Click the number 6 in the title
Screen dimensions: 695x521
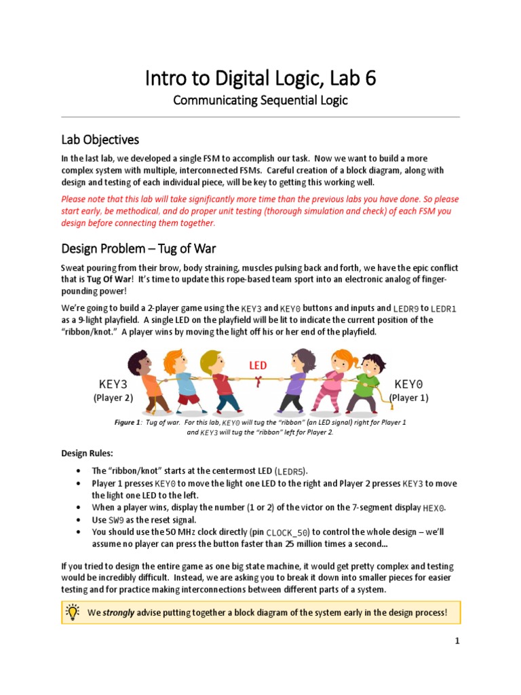point(369,80)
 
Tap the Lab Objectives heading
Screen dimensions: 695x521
point(100,140)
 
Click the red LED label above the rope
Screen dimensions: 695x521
point(258,366)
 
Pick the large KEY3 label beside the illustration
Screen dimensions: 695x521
point(113,384)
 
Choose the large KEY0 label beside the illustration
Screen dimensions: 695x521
point(409,384)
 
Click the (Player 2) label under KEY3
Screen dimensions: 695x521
point(113,398)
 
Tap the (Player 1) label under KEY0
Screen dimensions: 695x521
point(409,398)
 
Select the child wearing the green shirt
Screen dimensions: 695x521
point(367,384)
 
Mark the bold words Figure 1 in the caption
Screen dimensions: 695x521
point(128,423)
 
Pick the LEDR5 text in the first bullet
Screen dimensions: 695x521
point(291,471)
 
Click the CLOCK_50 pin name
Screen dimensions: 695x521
point(288,533)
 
